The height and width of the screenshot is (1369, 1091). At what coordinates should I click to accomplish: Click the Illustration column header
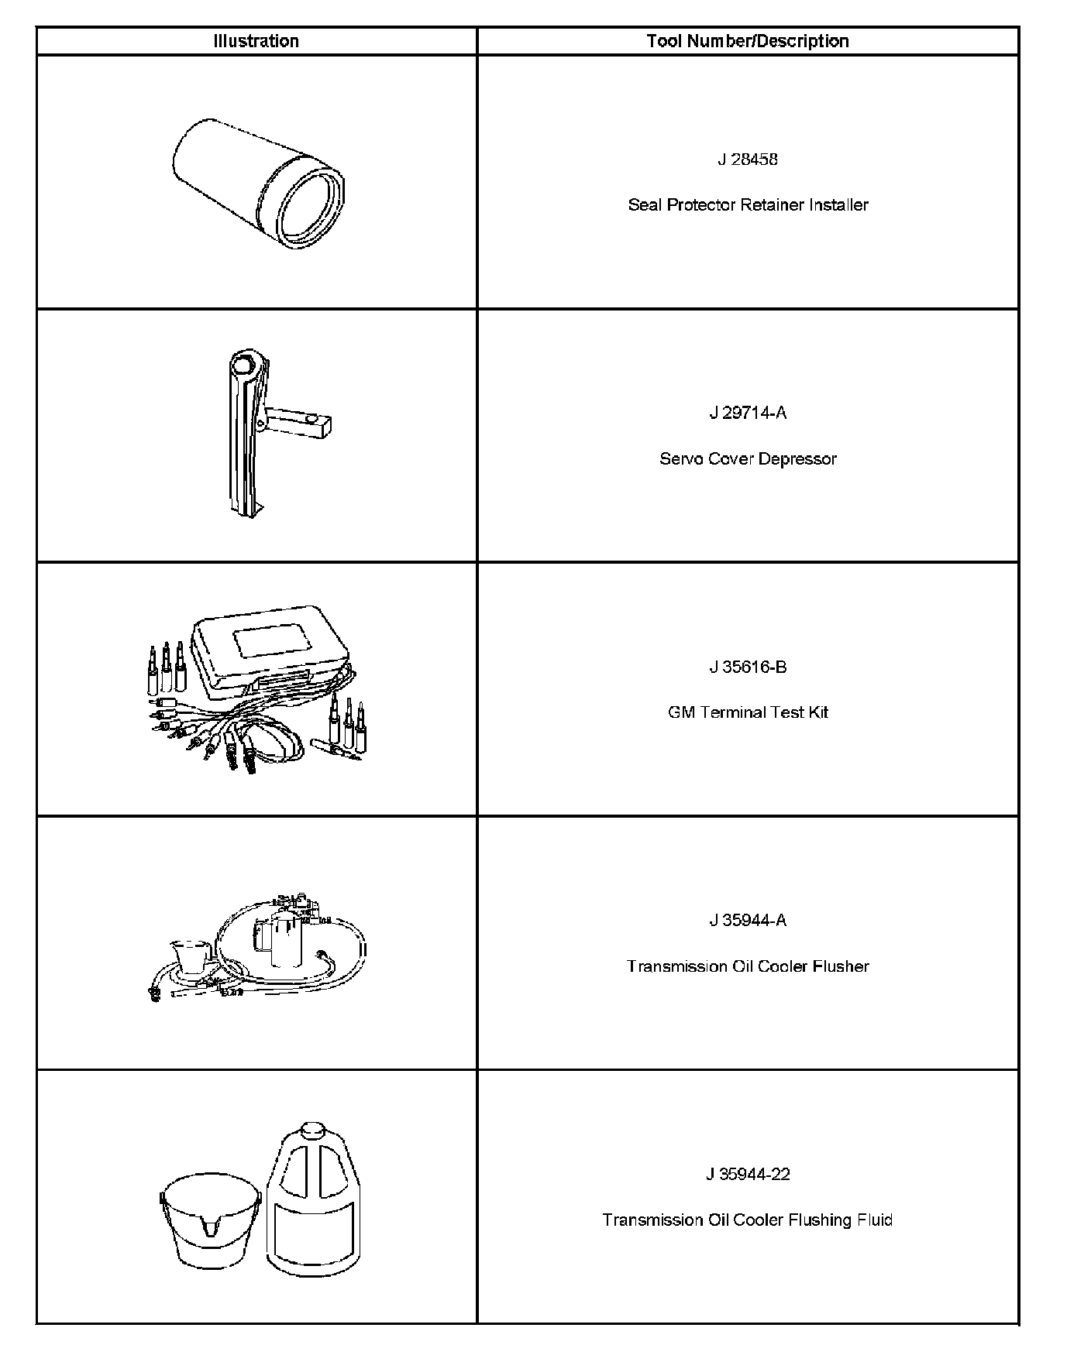[x=256, y=41]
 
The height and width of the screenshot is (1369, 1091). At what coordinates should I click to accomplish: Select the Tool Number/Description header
[x=747, y=41]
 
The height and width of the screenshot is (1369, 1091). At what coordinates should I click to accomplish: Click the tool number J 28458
[x=747, y=160]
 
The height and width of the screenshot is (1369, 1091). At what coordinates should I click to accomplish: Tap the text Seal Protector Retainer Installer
[x=747, y=205]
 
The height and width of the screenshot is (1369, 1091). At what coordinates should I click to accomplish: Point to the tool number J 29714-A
[x=747, y=413]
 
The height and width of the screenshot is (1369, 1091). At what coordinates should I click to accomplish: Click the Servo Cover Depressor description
[x=747, y=459]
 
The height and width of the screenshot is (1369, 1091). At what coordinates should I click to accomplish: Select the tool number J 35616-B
[x=747, y=667]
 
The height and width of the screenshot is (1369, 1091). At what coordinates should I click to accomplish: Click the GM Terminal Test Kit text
[x=747, y=712]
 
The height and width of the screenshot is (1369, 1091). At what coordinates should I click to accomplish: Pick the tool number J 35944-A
[x=747, y=920]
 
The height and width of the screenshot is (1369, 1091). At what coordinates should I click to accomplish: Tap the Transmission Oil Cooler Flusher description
[x=747, y=966]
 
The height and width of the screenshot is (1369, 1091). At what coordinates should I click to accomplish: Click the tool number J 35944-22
[x=747, y=1174]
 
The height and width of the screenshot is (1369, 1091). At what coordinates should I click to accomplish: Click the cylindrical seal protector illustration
[x=258, y=184]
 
